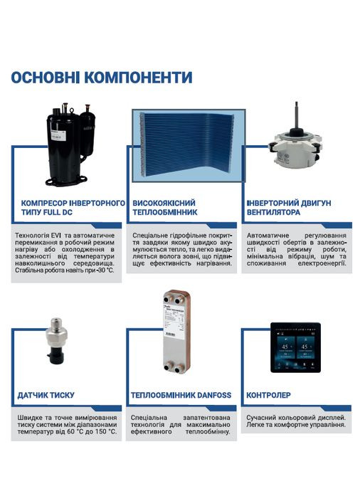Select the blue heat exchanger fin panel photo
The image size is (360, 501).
pos(188,143)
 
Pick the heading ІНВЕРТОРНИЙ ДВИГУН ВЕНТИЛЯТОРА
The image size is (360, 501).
pos(288,207)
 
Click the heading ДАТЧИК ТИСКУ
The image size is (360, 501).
pos(46,394)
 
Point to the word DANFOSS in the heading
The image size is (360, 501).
pos(209,394)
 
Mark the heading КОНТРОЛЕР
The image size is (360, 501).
pos(268,394)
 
